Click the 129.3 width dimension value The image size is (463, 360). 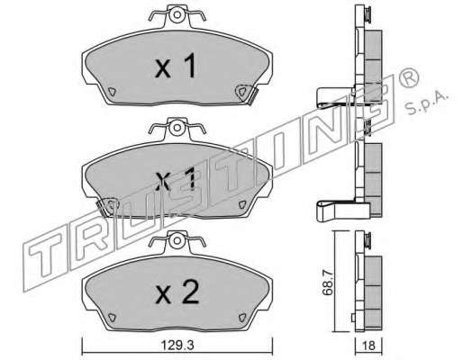tap(177, 346)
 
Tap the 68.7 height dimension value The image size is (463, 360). tap(328, 283)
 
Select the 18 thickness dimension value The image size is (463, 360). tap(368, 346)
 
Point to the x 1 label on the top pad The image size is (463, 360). tap(176, 66)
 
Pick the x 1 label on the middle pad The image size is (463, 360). tap(176, 179)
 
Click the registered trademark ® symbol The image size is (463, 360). tap(408, 77)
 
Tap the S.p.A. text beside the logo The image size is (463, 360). tap(427, 103)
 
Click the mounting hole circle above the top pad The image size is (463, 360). tap(177, 14)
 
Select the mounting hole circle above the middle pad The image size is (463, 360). tap(177, 128)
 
